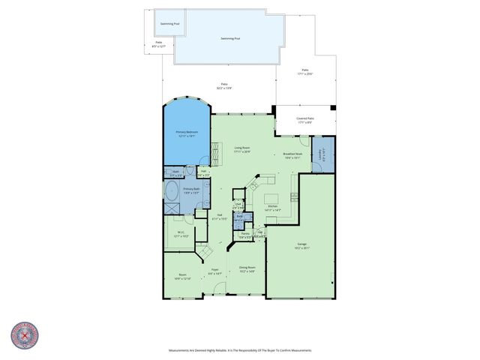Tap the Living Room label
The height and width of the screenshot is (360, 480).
pos(241,149)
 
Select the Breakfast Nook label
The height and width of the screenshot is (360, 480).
pos(292,156)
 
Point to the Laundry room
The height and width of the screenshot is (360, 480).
pos(322,156)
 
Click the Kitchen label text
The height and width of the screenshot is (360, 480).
pos(273,208)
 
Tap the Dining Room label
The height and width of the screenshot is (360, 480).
pos(247,269)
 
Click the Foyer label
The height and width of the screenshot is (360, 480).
pos(214,271)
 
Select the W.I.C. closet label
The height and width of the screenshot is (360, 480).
pos(181,234)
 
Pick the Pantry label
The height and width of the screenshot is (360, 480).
pos(245,235)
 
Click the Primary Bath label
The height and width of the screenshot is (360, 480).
pos(191,190)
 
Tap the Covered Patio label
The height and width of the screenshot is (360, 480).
pos(305,120)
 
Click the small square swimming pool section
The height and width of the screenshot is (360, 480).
pos(169,23)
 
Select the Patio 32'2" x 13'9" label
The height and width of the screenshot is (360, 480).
pos(224,85)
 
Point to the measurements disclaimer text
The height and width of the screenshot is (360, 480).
pos(240,350)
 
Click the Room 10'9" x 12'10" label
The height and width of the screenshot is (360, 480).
pos(182,277)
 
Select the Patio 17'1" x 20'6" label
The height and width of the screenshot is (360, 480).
pos(304,72)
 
